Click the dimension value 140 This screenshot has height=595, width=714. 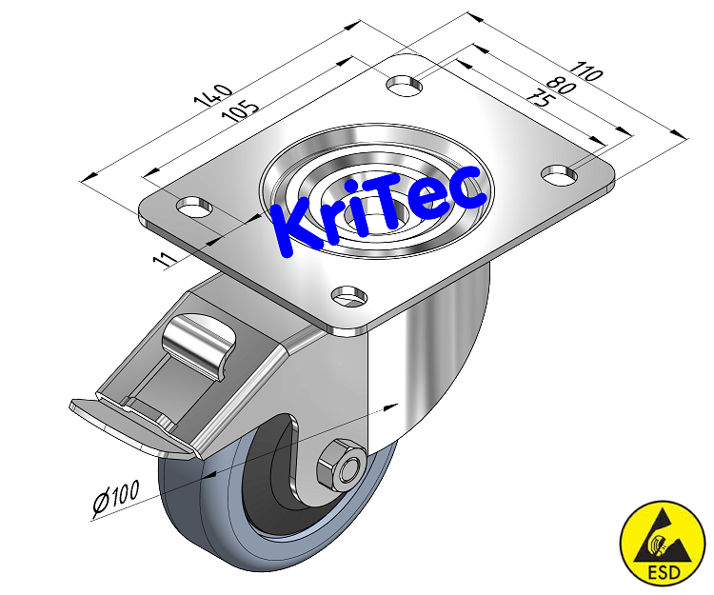tap(212, 98)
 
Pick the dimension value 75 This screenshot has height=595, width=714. tap(540, 98)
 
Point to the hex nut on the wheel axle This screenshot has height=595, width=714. tap(346, 463)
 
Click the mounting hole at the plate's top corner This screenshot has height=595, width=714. tap(405, 84)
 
